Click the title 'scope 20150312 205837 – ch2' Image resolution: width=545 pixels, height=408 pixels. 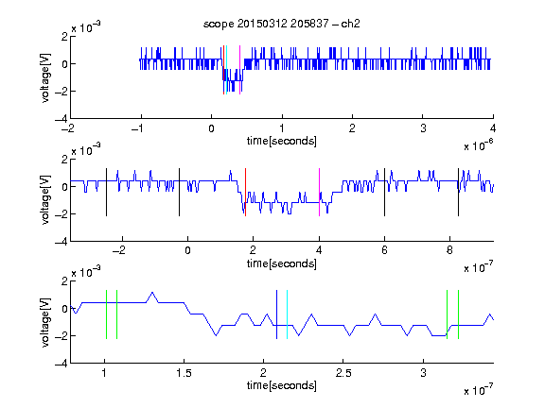pyautogui.click(x=282, y=24)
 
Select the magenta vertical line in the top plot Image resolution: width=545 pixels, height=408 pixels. pyautogui.click(x=239, y=70)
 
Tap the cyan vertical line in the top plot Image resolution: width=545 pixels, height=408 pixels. pyautogui.click(x=226, y=70)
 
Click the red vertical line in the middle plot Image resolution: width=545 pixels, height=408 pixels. pyautogui.click(x=245, y=193)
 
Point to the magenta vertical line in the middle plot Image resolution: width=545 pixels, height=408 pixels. pyautogui.click(x=319, y=193)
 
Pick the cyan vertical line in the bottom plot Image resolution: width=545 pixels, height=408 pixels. pyautogui.click(x=287, y=314)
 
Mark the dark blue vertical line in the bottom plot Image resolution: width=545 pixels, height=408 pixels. pyautogui.click(x=276, y=314)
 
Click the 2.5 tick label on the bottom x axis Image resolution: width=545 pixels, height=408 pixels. pyautogui.click(x=343, y=373)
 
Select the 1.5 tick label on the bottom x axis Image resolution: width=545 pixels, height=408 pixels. pyautogui.click(x=184, y=373)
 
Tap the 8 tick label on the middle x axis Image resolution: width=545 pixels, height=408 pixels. pyautogui.click(x=449, y=250)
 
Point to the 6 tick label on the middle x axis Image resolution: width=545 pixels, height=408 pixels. pyautogui.click(x=384, y=250)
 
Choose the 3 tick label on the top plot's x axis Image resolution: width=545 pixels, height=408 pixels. pyautogui.click(x=423, y=128)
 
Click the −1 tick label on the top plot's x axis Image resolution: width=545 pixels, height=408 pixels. pyautogui.click(x=138, y=128)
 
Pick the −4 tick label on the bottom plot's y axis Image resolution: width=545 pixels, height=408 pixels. pyautogui.click(x=62, y=364)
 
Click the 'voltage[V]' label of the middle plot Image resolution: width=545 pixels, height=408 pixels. pyautogui.click(x=45, y=200)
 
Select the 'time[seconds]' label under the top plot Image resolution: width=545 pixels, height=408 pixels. pyautogui.click(x=282, y=141)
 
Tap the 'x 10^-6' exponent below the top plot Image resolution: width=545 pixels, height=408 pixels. pyautogui.click(x=479, y=145)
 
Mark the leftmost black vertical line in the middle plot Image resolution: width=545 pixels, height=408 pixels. pyautogui.click(x=106, y=193)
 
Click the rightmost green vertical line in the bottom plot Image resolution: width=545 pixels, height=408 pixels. pyautogui.click(x=459, y=314)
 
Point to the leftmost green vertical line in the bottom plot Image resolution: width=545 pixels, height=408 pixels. pyautogui.click(x=106, y=314)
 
